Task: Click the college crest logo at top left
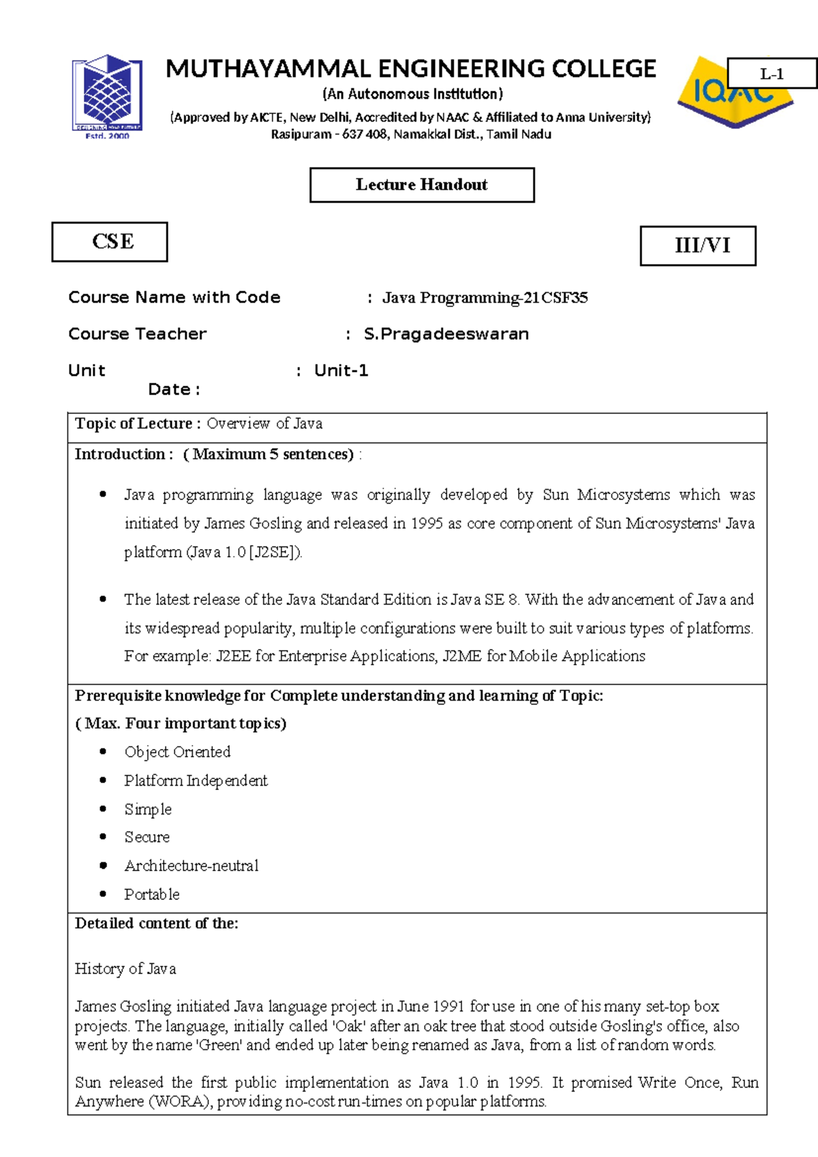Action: pyautogui.click(x=108, y=95)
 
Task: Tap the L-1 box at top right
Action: pyautogui.click(x=772, y=74)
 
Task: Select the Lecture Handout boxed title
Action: pyautogui.click(x=422, y=185)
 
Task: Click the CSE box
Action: pyautogui.click(x=110, y=241)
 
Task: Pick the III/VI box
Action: pyautogui.click(x=698, y=246)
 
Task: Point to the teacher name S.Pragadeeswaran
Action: pyautogui.click(x=446, y=334)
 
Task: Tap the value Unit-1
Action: pyautogui.click(x=341, y=370)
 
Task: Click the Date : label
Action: pyautogui.click(x=174, y=390)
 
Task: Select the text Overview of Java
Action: pyautogui.click(x=264, y=424)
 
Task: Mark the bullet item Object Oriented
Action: pyautogui.click(x=177, y=752)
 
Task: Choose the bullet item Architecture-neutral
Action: pyautogui.click(x=192, y=866)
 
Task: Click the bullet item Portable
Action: pyautogui.click(x=152, y=894)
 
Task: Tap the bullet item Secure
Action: pyautogui.click(x=147, y=837)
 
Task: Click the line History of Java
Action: pyautogui.click(x=125, y=969)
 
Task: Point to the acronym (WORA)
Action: pyautogui.click(x=181, y=1102)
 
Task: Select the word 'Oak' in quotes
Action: pyautogui.click(x=348, y=1026)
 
